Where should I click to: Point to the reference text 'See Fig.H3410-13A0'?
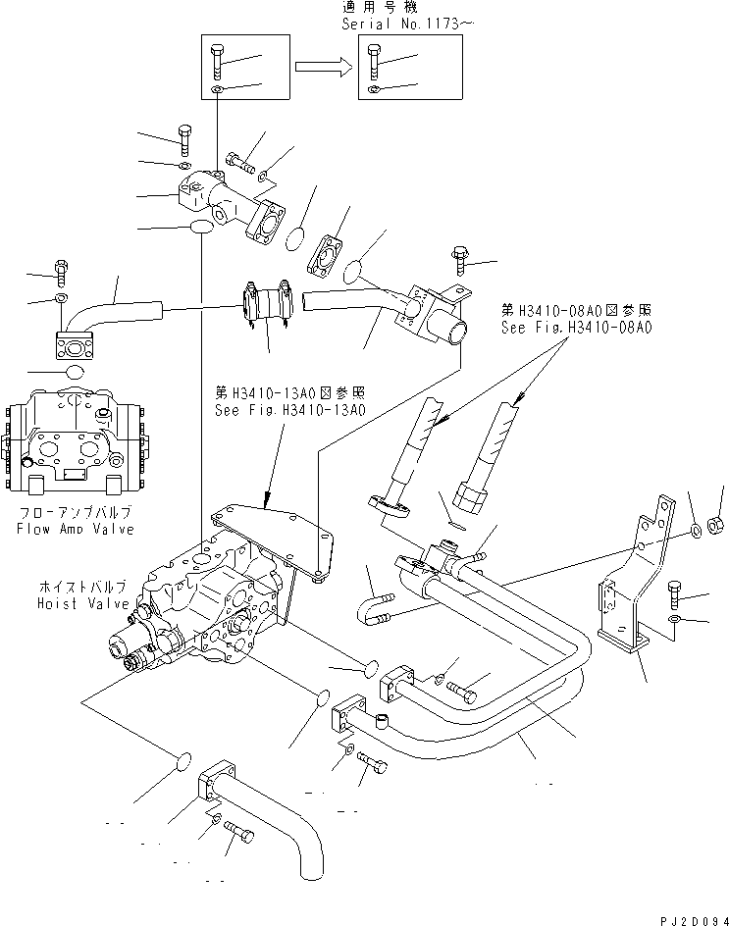(289, 410)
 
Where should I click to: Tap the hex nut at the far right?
(716, 519)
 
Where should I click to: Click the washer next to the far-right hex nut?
(695, 532)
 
